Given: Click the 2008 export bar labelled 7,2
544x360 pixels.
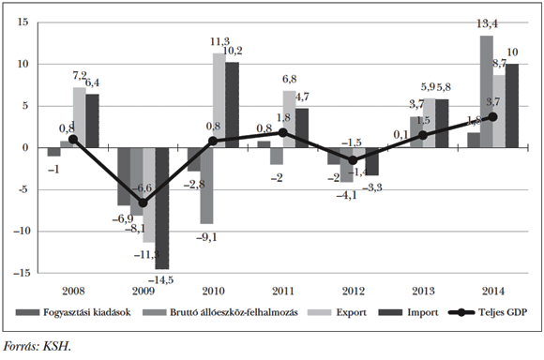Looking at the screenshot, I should [x=80, y=117].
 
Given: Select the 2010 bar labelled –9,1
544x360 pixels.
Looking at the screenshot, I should [x=205, y=186].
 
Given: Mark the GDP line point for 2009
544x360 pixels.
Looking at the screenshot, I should [x=143, y=202].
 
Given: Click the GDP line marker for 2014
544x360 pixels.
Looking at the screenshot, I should [x=492, y=116].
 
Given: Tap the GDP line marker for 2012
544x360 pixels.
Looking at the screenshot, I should [x=353, y=160].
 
